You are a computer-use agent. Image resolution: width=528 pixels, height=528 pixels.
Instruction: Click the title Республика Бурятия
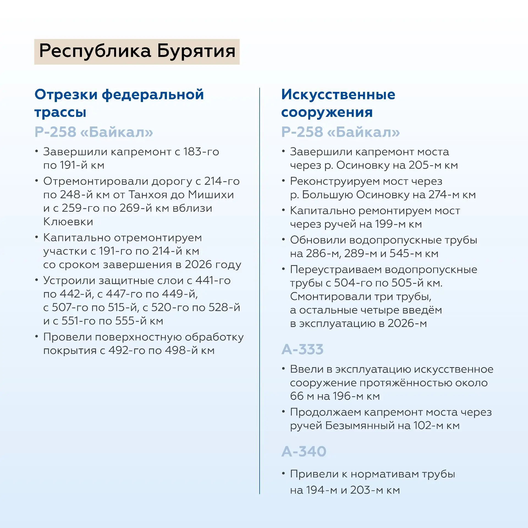[137, 51]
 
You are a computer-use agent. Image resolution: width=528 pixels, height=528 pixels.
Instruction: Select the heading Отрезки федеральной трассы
[119, 103]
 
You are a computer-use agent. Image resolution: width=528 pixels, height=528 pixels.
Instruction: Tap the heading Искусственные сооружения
[338, 103]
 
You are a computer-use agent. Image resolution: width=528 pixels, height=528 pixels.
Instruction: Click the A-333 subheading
[302, 350]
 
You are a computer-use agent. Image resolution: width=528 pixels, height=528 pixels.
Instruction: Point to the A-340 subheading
[304, 451]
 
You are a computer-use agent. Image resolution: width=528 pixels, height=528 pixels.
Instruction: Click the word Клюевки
[68, 222]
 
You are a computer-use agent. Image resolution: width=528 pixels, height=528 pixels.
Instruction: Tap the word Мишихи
[211, 195]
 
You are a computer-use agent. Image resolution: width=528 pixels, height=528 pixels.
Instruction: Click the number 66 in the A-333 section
[297, 396]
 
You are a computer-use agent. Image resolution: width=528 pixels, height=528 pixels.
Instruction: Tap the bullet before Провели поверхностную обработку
[37, 336]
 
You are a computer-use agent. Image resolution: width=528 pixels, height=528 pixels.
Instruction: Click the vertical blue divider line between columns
[259, 289]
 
